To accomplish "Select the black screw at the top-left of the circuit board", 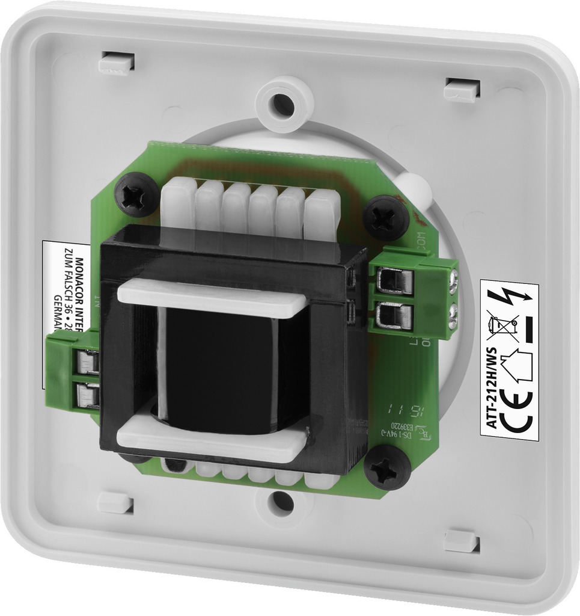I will pyautogui.click(x=136, y=195).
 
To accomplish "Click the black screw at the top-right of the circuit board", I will pyautogui.click(x=386, y=218).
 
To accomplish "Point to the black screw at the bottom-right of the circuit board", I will pyautogui.click(x=387, y=467).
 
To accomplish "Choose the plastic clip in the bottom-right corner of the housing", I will pyautogui.click(x=462, y=540).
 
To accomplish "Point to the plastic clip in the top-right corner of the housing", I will pyautogui.click(x=462, y=89).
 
